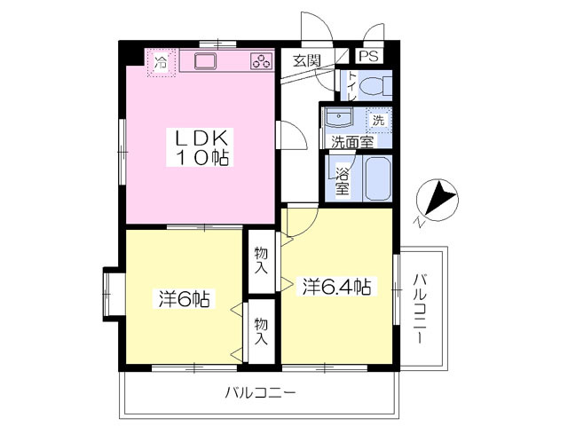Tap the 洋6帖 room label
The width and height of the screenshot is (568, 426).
pos(185,298)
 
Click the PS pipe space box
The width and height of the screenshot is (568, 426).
pos(369,56)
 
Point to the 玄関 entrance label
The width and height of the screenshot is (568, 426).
pos(307,60)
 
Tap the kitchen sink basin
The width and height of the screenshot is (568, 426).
pos(205,61)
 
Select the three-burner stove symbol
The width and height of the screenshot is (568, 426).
pos(262,61)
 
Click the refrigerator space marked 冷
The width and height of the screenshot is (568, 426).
pos(161,63)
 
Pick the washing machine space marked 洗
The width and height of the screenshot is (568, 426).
pos(379,120)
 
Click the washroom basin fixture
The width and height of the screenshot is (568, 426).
pos(339,117)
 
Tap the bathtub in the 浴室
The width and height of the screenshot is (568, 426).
pos(377,178)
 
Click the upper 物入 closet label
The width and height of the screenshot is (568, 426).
pos(261,260)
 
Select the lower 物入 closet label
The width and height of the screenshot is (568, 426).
pos(261,331)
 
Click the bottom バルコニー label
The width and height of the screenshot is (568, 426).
pos(260,392)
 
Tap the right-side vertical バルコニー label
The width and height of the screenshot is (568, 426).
pos(420,309)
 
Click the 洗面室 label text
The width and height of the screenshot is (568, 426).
pos(352,142)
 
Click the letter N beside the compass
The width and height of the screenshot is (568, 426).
pos(419,221)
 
